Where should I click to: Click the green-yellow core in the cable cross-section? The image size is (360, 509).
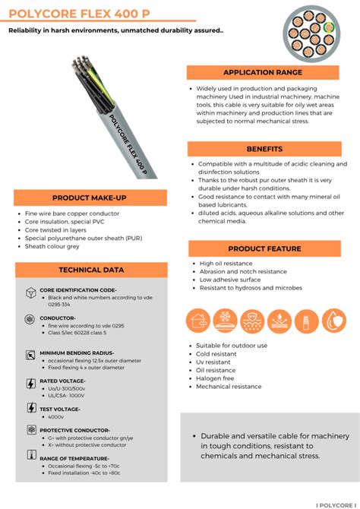tap(328, 30)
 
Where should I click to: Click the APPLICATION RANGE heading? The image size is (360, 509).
tap(262, 72)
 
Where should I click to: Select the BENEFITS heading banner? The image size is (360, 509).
tap(264, 149)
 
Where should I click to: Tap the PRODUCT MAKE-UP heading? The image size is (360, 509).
tap(89, 198)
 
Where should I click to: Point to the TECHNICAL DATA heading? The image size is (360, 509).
tap(91, 270)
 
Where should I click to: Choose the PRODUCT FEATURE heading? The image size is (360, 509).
tap(264, 248)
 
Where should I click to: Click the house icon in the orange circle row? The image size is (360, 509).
tap(199, 321)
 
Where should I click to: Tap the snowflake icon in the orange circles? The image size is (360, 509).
tap(226, 321)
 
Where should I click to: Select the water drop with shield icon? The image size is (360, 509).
tap(333, 321)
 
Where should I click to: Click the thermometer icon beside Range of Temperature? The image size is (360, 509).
tap(31, 456)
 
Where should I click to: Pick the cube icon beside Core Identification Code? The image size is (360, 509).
tap(31, 292)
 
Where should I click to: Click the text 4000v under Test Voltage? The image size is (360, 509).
tap(56, 416)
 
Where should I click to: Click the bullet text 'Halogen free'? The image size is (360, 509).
tap(215, 378)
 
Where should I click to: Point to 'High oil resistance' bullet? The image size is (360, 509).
tap(226, 264)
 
